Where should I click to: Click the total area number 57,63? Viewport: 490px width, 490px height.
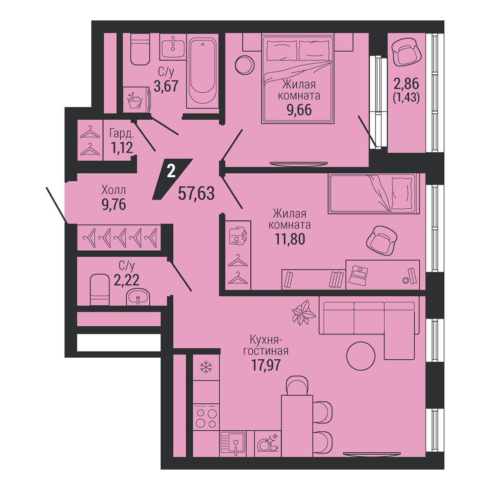point(196,193)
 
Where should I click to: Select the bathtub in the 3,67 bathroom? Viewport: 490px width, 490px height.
point(203,72)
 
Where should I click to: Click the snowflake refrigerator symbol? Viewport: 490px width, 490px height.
point(206,367)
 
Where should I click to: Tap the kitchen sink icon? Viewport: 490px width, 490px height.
point(233,443)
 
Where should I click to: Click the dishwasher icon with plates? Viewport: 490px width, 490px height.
point(268,443)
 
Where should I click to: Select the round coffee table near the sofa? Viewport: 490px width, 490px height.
point(361,356)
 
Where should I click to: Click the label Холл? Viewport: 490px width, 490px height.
point(114,190)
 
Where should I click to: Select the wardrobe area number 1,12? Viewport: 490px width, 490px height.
point(122,147)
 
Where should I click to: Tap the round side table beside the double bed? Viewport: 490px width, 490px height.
point(245,65)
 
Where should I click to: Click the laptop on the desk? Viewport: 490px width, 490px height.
point(358,275)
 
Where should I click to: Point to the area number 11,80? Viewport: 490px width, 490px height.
point(290,239)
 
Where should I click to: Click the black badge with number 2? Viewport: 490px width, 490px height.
point(172,179)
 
